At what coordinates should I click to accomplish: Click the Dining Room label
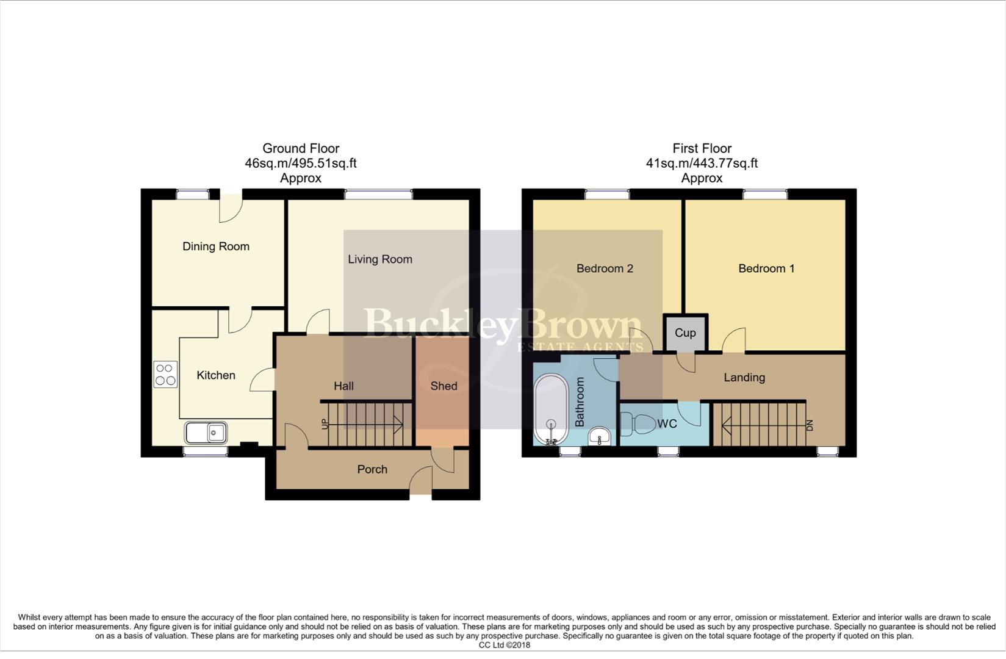tap(216, 247)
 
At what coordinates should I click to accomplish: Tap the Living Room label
tap(379, 259)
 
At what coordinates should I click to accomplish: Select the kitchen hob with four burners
tap(165, 375)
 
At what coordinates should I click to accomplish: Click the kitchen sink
tap(206, 433)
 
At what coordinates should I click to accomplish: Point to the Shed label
tap(444, 386)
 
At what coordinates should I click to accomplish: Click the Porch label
tap(372, 469)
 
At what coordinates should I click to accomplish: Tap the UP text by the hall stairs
tap(325, 423)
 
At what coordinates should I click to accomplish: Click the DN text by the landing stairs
tap(810, 425)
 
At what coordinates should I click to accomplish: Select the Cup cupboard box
tap(685, 333)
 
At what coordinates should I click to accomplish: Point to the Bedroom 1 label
tap(766, 268)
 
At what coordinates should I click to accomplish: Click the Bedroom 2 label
tap(605, 268)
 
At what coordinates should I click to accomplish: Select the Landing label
tap(744, 378)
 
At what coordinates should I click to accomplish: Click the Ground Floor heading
tap(301, 148)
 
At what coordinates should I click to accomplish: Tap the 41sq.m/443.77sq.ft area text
tap(702, 164)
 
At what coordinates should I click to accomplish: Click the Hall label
tap(343, 386)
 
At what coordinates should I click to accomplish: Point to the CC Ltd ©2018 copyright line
tap(504, 645)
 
